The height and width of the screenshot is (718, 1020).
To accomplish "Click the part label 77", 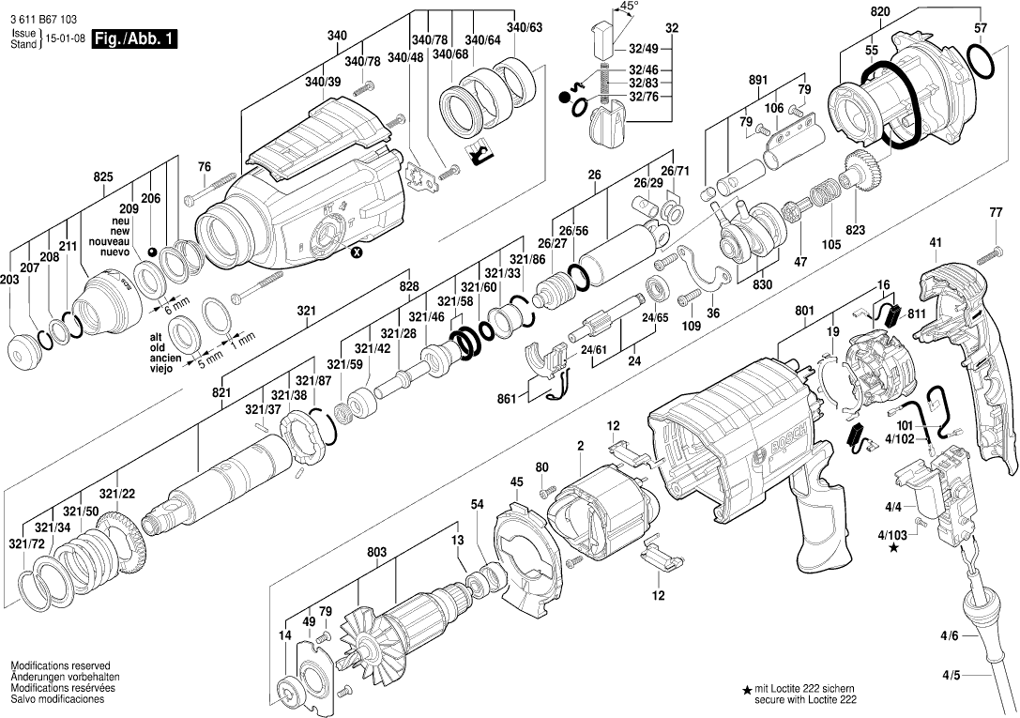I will [x=996, y=213].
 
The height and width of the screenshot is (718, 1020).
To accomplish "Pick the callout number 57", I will [x=981, y=29].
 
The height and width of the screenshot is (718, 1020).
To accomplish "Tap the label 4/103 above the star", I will [x=892, y=536].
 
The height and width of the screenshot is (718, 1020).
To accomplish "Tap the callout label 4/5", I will [x=951, y=674].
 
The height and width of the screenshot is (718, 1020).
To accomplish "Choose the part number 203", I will [x=9, y=281].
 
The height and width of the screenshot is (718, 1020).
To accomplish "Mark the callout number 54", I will [x=478, y=505].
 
